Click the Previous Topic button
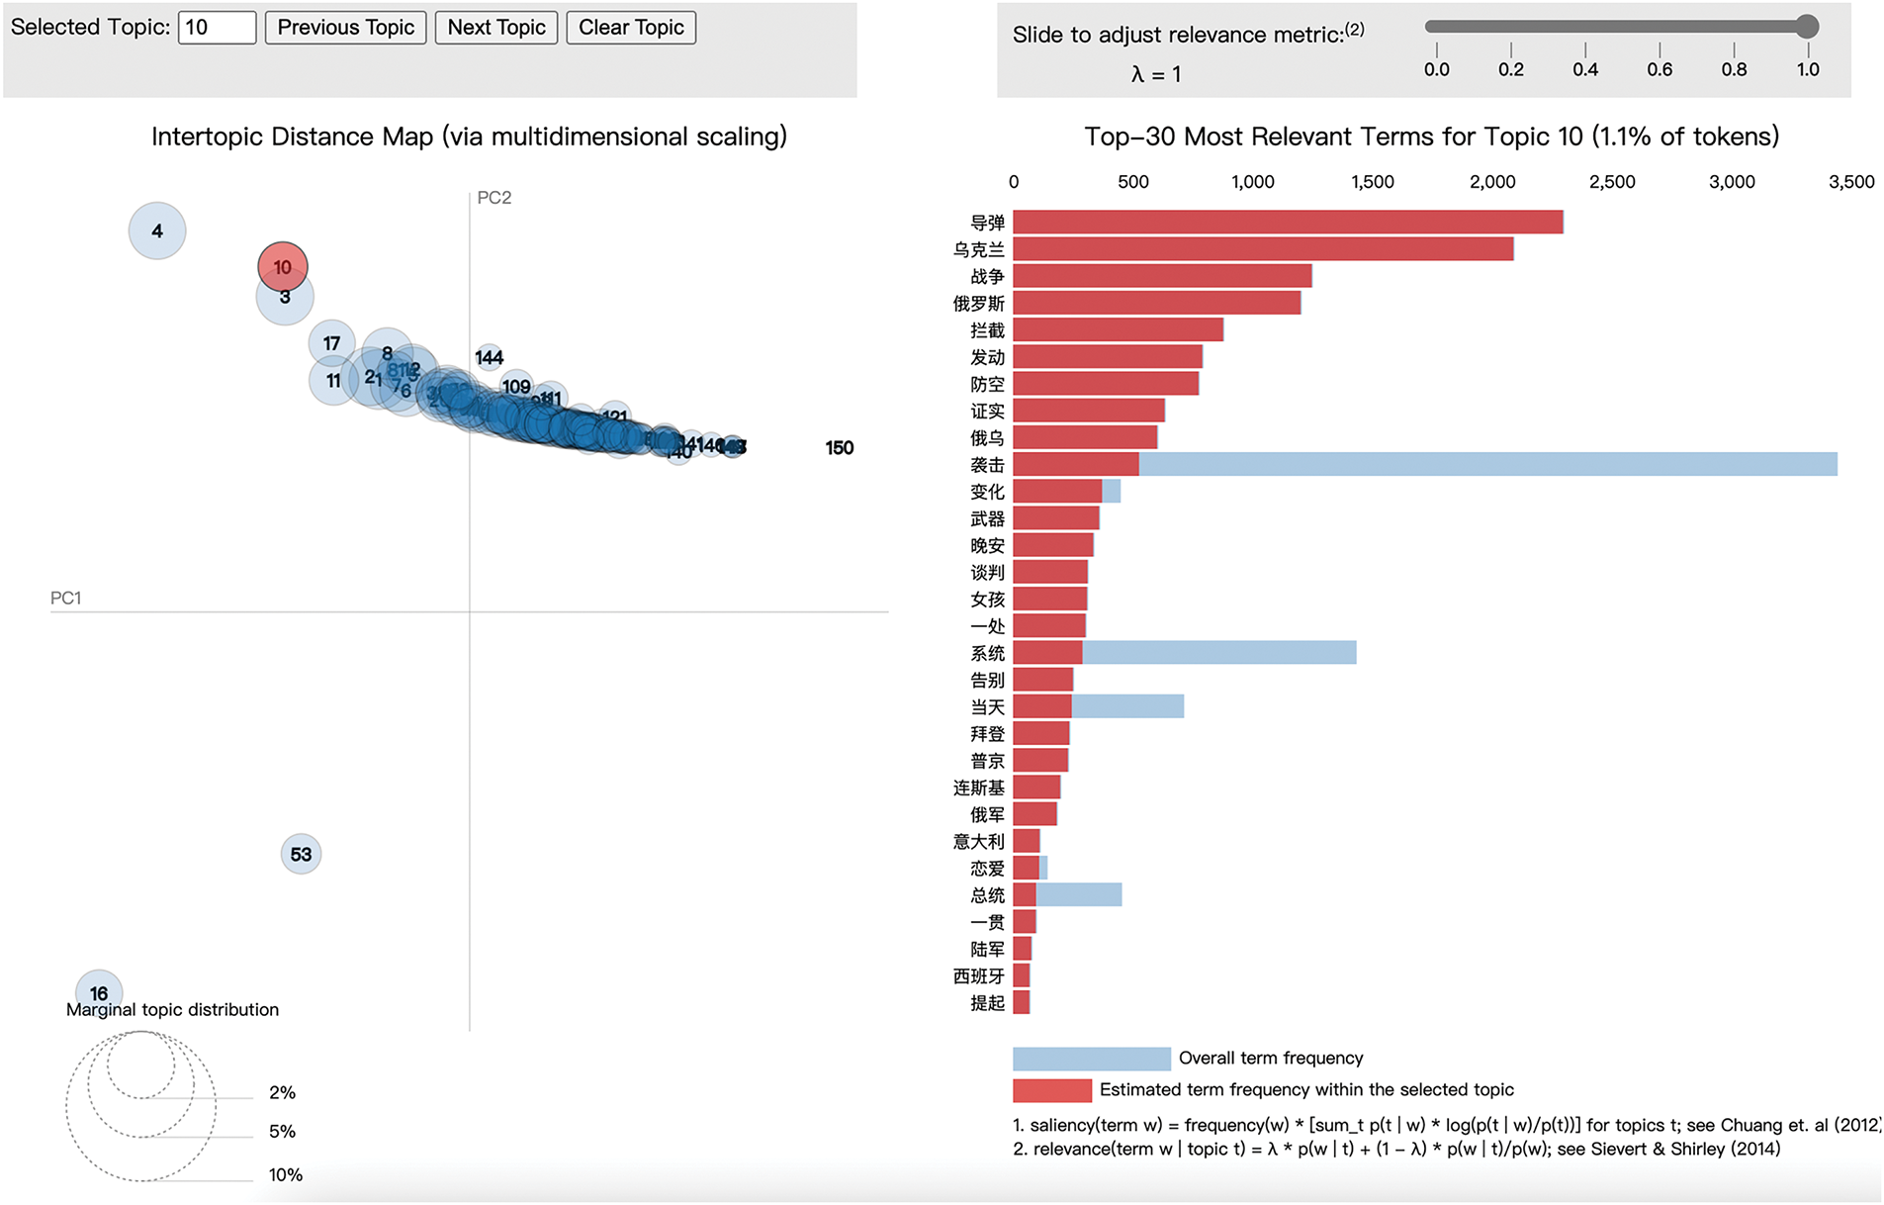[345, 28]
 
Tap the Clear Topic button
[631, 28]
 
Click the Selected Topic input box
[217, 28]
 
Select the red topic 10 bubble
[283, 266]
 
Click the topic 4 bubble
[157, 232]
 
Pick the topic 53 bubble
[301, 854]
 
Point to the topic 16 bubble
[99, 989]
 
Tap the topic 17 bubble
[331, 343]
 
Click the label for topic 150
[840, 448]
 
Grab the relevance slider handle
[1807, 27]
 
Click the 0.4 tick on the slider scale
[1585, 69]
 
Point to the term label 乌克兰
[978, 250]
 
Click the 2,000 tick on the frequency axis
[1492, 182]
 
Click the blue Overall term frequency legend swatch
[1091, 1059]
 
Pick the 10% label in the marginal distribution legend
[286, 1175]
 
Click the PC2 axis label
[494, 198]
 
